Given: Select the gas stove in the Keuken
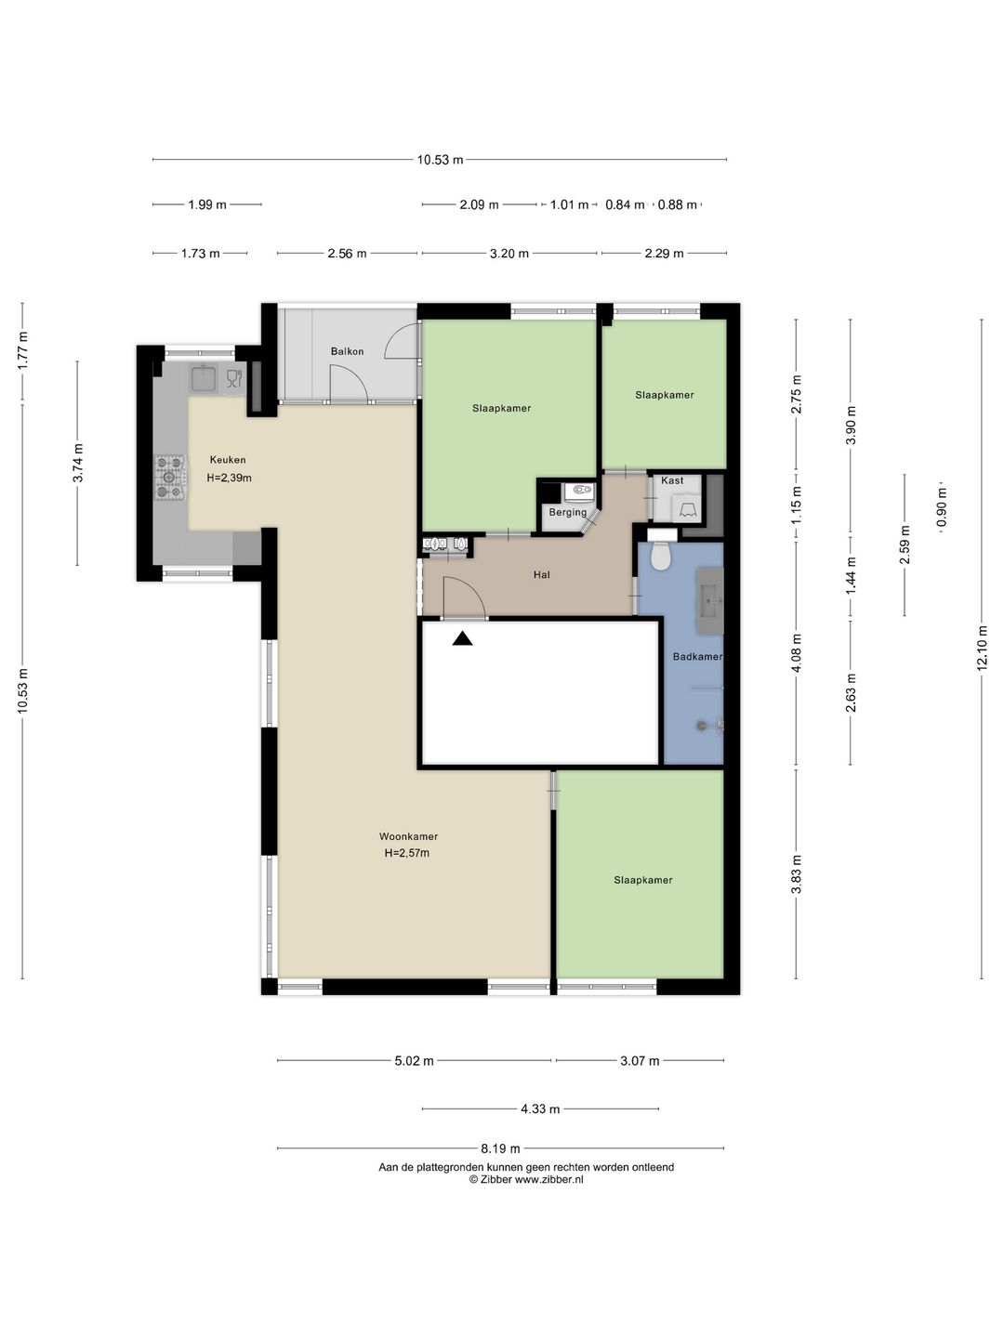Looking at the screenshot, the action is point(169,478).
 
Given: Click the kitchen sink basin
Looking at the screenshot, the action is point(203,378).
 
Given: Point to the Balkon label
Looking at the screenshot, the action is point(347,352).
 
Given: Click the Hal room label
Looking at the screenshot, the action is point(541,574).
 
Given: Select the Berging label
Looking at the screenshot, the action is point(567,513).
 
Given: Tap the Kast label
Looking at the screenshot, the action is point(672,480).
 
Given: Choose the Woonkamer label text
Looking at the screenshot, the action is point(408,837).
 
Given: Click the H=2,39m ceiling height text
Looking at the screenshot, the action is point(229,479).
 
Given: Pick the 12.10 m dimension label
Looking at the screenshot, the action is point(981,649).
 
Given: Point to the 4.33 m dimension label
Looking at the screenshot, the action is point(540,1109).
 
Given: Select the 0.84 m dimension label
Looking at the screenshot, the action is point(625,205).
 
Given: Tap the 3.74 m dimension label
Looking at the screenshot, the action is point(78,463).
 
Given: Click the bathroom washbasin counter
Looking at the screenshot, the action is point(710,601).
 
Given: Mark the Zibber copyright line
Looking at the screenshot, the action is point(526,1179).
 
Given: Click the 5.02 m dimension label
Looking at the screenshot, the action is point(414,1061).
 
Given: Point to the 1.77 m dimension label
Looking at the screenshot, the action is point(22,350).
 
